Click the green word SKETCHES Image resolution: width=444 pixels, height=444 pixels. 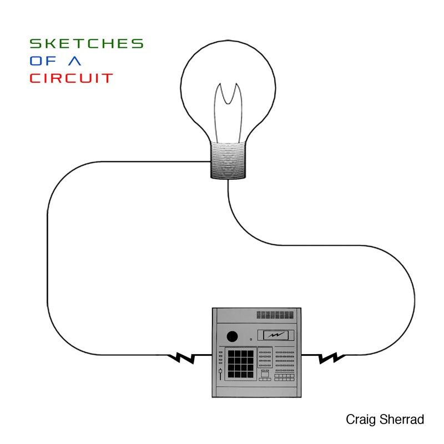87,44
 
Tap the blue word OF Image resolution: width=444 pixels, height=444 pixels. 43,61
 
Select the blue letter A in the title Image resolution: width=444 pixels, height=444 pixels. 75,61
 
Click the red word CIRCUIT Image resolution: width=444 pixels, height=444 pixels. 72,78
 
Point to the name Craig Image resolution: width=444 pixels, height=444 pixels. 361,420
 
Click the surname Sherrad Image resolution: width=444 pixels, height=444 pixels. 402,420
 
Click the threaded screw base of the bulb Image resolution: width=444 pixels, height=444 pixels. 228,160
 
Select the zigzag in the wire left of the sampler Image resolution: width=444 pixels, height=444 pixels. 181,357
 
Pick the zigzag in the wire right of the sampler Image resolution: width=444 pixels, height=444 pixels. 331,357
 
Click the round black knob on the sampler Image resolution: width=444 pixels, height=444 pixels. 232,337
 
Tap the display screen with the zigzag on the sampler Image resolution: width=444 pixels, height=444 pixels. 276,335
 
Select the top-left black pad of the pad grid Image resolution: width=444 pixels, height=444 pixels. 231,354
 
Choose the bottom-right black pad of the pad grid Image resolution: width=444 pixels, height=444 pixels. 250,375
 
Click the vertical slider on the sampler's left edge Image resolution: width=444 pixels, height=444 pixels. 220,374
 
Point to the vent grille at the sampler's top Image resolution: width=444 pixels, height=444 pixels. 275,315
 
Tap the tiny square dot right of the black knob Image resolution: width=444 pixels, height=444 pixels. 251,339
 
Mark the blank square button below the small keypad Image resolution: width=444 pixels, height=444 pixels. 265,374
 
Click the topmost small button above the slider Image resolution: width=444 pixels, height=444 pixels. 220,352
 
